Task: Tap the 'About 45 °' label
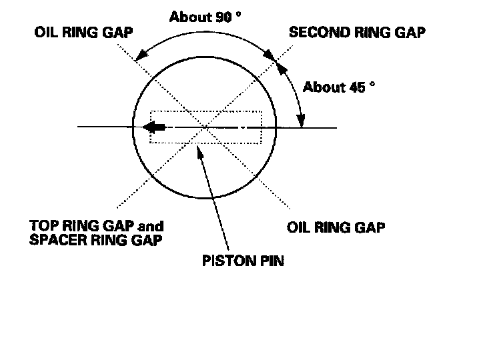pos(335,87)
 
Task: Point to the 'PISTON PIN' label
pos(242,260)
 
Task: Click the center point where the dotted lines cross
pos(206,126)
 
